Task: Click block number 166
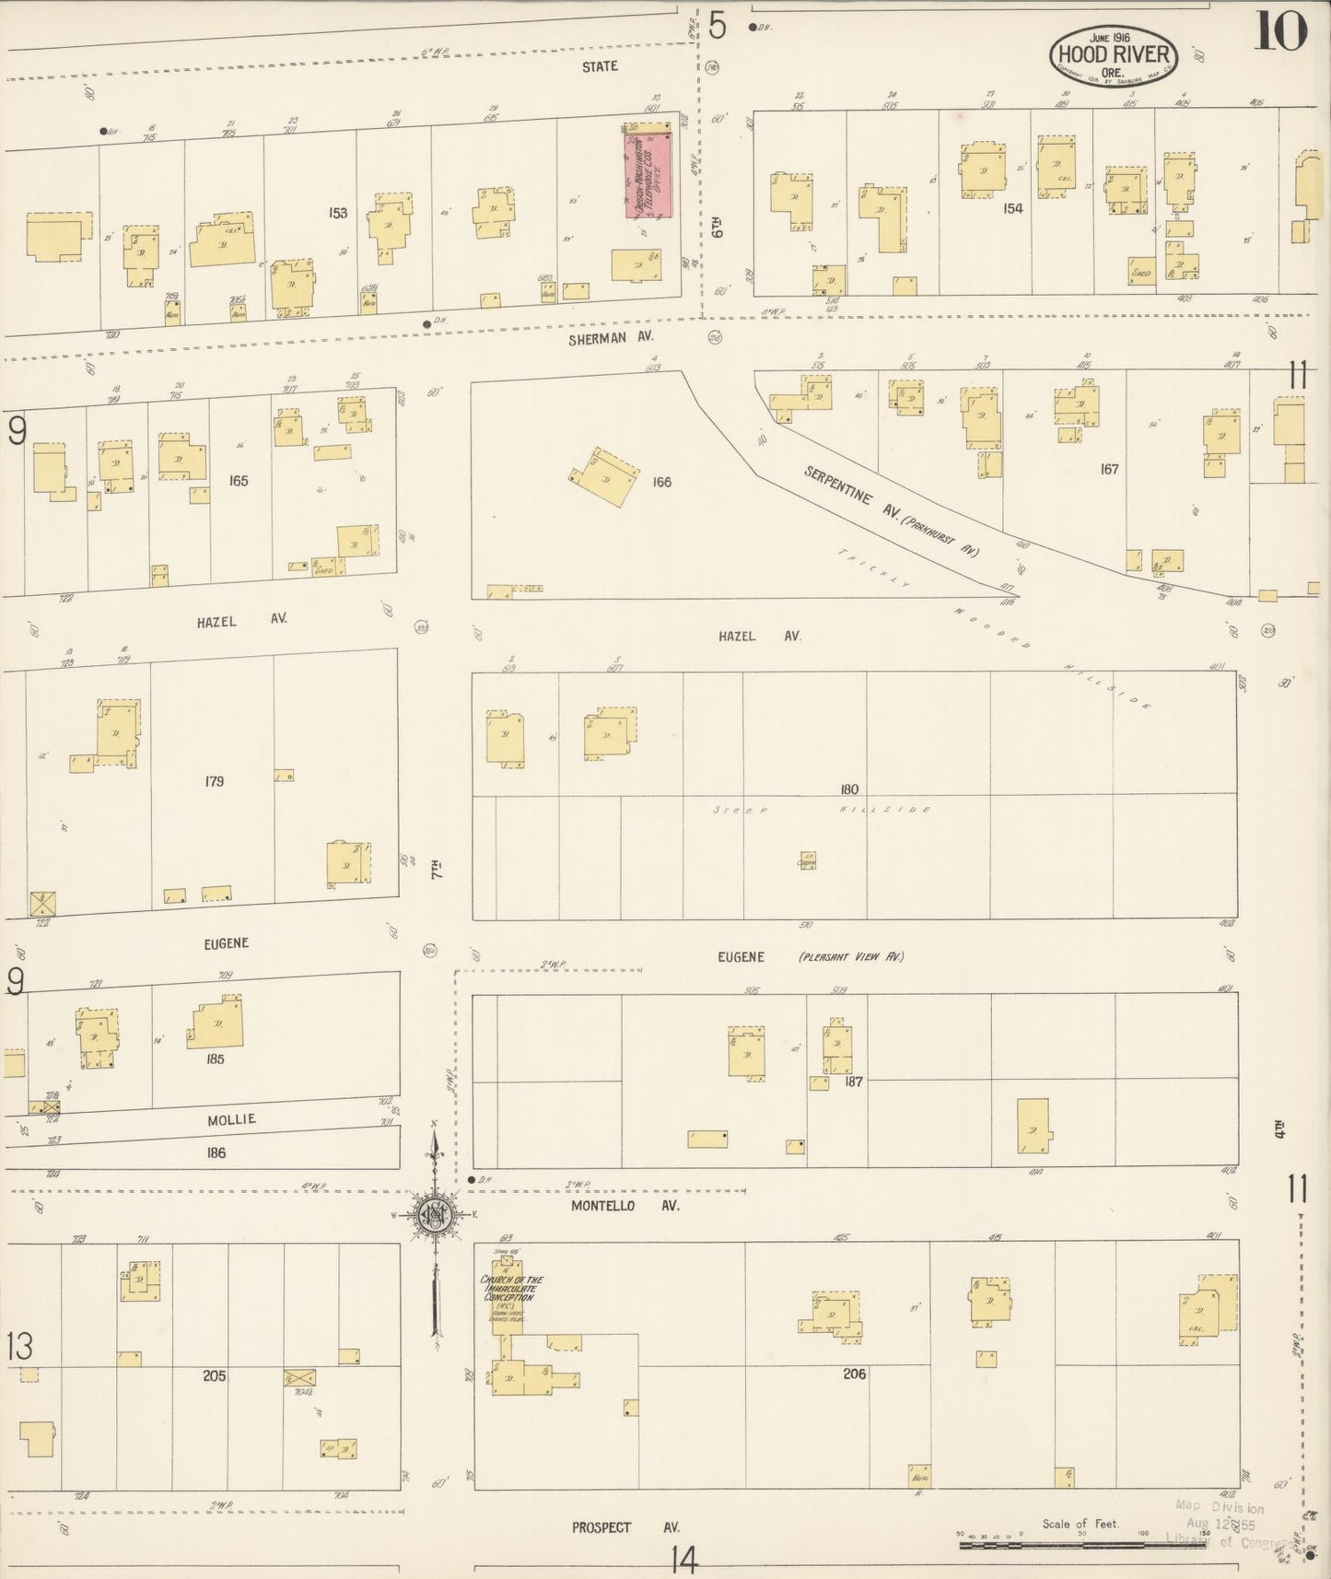click(x=660, y=482)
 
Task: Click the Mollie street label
click(x=231, y=1119)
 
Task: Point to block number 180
click(x=848, y=789)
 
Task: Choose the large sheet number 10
click(x=1279, y=35)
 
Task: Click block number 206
click(x=854, y=1374)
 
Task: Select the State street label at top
click(x=600, y=66)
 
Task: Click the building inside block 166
click(x=605, y=476)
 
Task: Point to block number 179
click(x=214, y=781)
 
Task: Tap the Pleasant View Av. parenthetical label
click(x=850, y=957)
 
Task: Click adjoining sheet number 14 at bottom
click(x=684, y=1560)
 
